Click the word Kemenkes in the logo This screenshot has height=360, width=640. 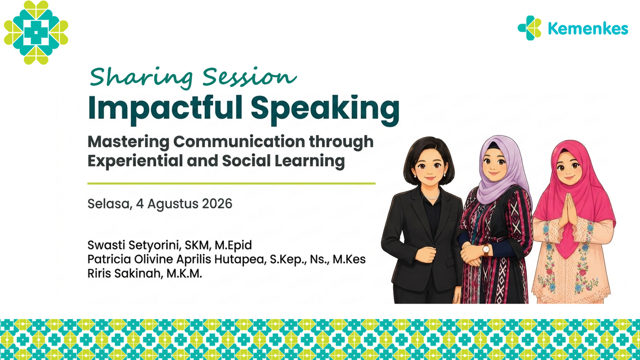(588, 29)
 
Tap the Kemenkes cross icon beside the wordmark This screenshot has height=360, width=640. (530, 28)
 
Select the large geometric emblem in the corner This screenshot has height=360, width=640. (36, 33)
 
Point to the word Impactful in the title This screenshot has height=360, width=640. (165, 109)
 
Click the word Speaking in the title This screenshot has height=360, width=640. (325, 109)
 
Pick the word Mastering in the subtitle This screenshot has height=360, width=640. (129, 142)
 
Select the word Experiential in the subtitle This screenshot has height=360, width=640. (135, 161)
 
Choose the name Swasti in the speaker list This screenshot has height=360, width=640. (106, 245)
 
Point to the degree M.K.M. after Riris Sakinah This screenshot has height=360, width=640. (185, 274)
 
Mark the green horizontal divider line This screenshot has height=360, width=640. (231, 183)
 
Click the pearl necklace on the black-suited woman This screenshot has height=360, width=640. (431, 196)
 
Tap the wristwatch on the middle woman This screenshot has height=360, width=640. (486, 250)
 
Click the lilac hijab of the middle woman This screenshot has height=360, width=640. (502, 171)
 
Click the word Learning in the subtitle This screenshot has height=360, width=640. (310, 161)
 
